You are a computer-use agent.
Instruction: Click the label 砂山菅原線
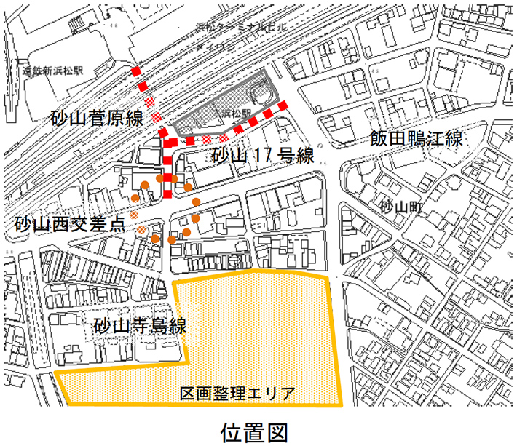click(96, 119)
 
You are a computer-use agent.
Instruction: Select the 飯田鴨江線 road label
click(416, 139)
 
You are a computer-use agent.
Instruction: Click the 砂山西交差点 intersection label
click(71, 224)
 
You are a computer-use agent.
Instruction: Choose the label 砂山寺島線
click(141, 326)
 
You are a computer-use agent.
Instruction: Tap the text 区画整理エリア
click(237, 394)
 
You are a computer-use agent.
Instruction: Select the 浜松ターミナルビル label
click(241, 26)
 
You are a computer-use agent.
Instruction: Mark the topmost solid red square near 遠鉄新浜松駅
click(136, 71)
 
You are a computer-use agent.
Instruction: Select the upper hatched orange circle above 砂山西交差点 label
click(134, 215)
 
